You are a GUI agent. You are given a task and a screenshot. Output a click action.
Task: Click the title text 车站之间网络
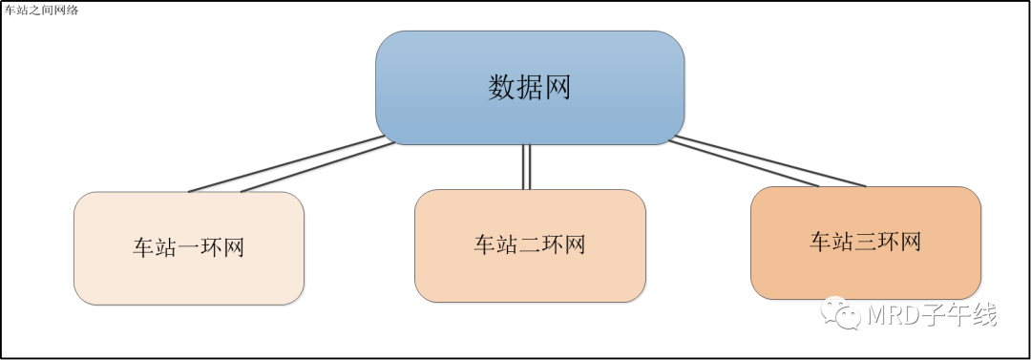(x=41, y=10)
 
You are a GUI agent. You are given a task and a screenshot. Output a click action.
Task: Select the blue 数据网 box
(x=530, y=88)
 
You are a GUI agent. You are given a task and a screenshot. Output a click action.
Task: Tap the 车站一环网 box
(x=189, y=248)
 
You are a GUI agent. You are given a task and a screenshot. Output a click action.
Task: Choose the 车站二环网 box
(x=530, y=245)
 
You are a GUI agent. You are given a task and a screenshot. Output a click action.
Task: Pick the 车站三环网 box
(x=866, y=243)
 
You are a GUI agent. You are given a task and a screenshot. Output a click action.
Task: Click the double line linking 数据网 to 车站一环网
(x=291, y=164)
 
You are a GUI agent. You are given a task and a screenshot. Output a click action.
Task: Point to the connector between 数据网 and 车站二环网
(x=526, y=166)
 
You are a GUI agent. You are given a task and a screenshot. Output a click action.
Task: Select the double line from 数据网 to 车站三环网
(x=768, y=162)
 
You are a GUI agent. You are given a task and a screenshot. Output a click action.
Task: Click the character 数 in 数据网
(x=502, y=88)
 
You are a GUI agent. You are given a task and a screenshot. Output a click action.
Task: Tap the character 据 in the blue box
(x=529, y=88)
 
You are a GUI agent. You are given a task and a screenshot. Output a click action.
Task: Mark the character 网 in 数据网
(x=557, y=88)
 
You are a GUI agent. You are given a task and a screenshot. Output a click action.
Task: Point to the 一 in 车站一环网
(x=189, y=248)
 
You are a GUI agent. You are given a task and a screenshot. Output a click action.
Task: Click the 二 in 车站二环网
(x=530, y=244)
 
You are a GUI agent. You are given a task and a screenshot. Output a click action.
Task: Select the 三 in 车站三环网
(x=865, y=243)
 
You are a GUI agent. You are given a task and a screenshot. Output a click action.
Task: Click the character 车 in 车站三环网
(x=821, y=243)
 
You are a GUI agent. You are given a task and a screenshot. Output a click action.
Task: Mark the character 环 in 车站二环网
(x=553, y=244)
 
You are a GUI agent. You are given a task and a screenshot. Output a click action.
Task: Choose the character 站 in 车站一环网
(x=166, y=248)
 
